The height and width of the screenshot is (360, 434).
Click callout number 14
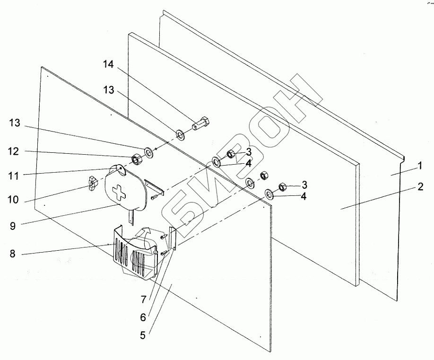tap(109, 65)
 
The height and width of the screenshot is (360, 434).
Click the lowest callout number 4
tap(304, 195)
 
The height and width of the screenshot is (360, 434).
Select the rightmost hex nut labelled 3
tap(282, 186)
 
